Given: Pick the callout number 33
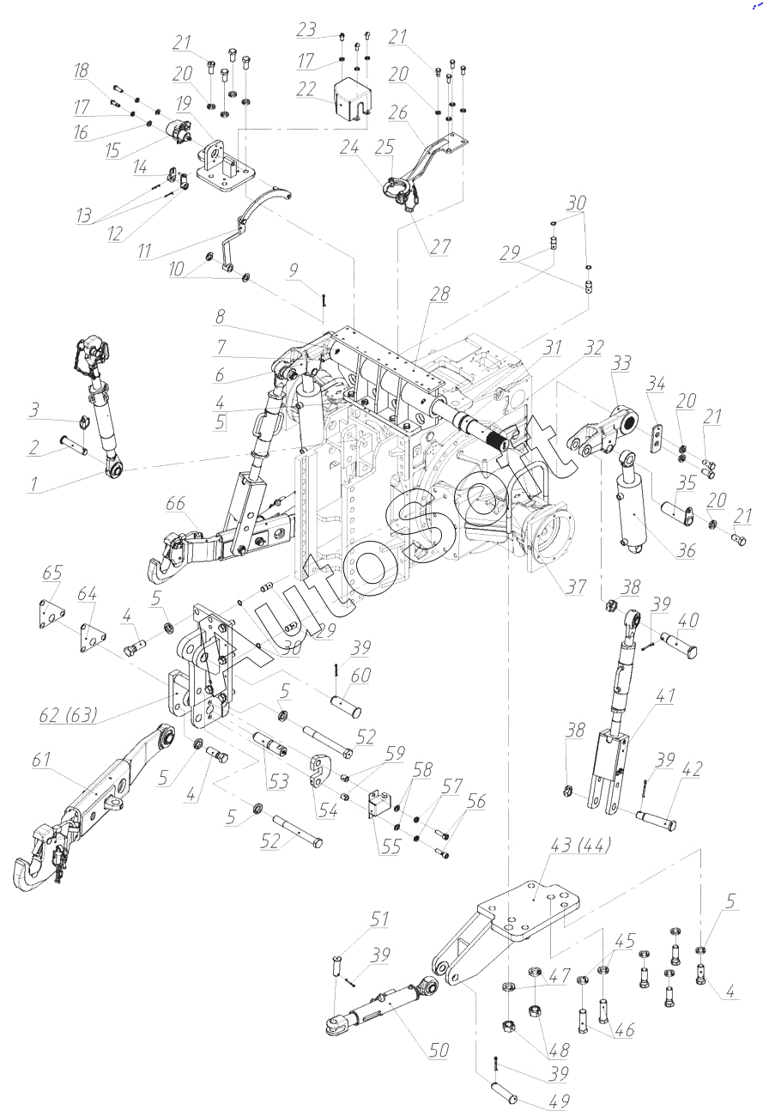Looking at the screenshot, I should point(620,364).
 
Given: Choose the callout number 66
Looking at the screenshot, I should point(175,504).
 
